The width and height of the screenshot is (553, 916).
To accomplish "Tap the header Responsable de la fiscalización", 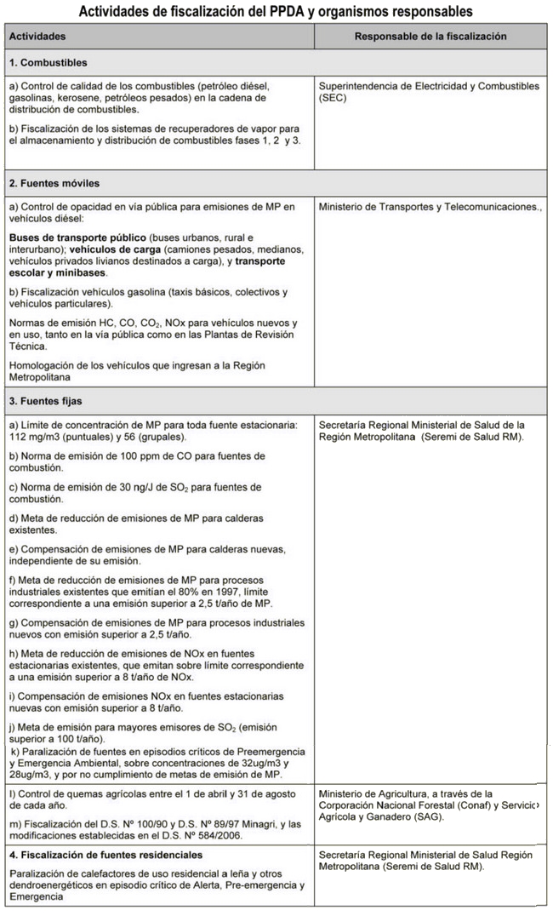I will [430, 37].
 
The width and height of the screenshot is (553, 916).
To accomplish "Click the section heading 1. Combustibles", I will [48, 63].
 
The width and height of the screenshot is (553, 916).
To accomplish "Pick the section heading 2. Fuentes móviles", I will [54, 183].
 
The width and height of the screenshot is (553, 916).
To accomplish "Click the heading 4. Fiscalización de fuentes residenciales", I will [106, 854].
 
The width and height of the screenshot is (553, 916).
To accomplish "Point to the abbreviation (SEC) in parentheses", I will [333, 98].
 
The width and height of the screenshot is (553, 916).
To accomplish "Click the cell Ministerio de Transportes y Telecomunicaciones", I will [429, 206].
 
